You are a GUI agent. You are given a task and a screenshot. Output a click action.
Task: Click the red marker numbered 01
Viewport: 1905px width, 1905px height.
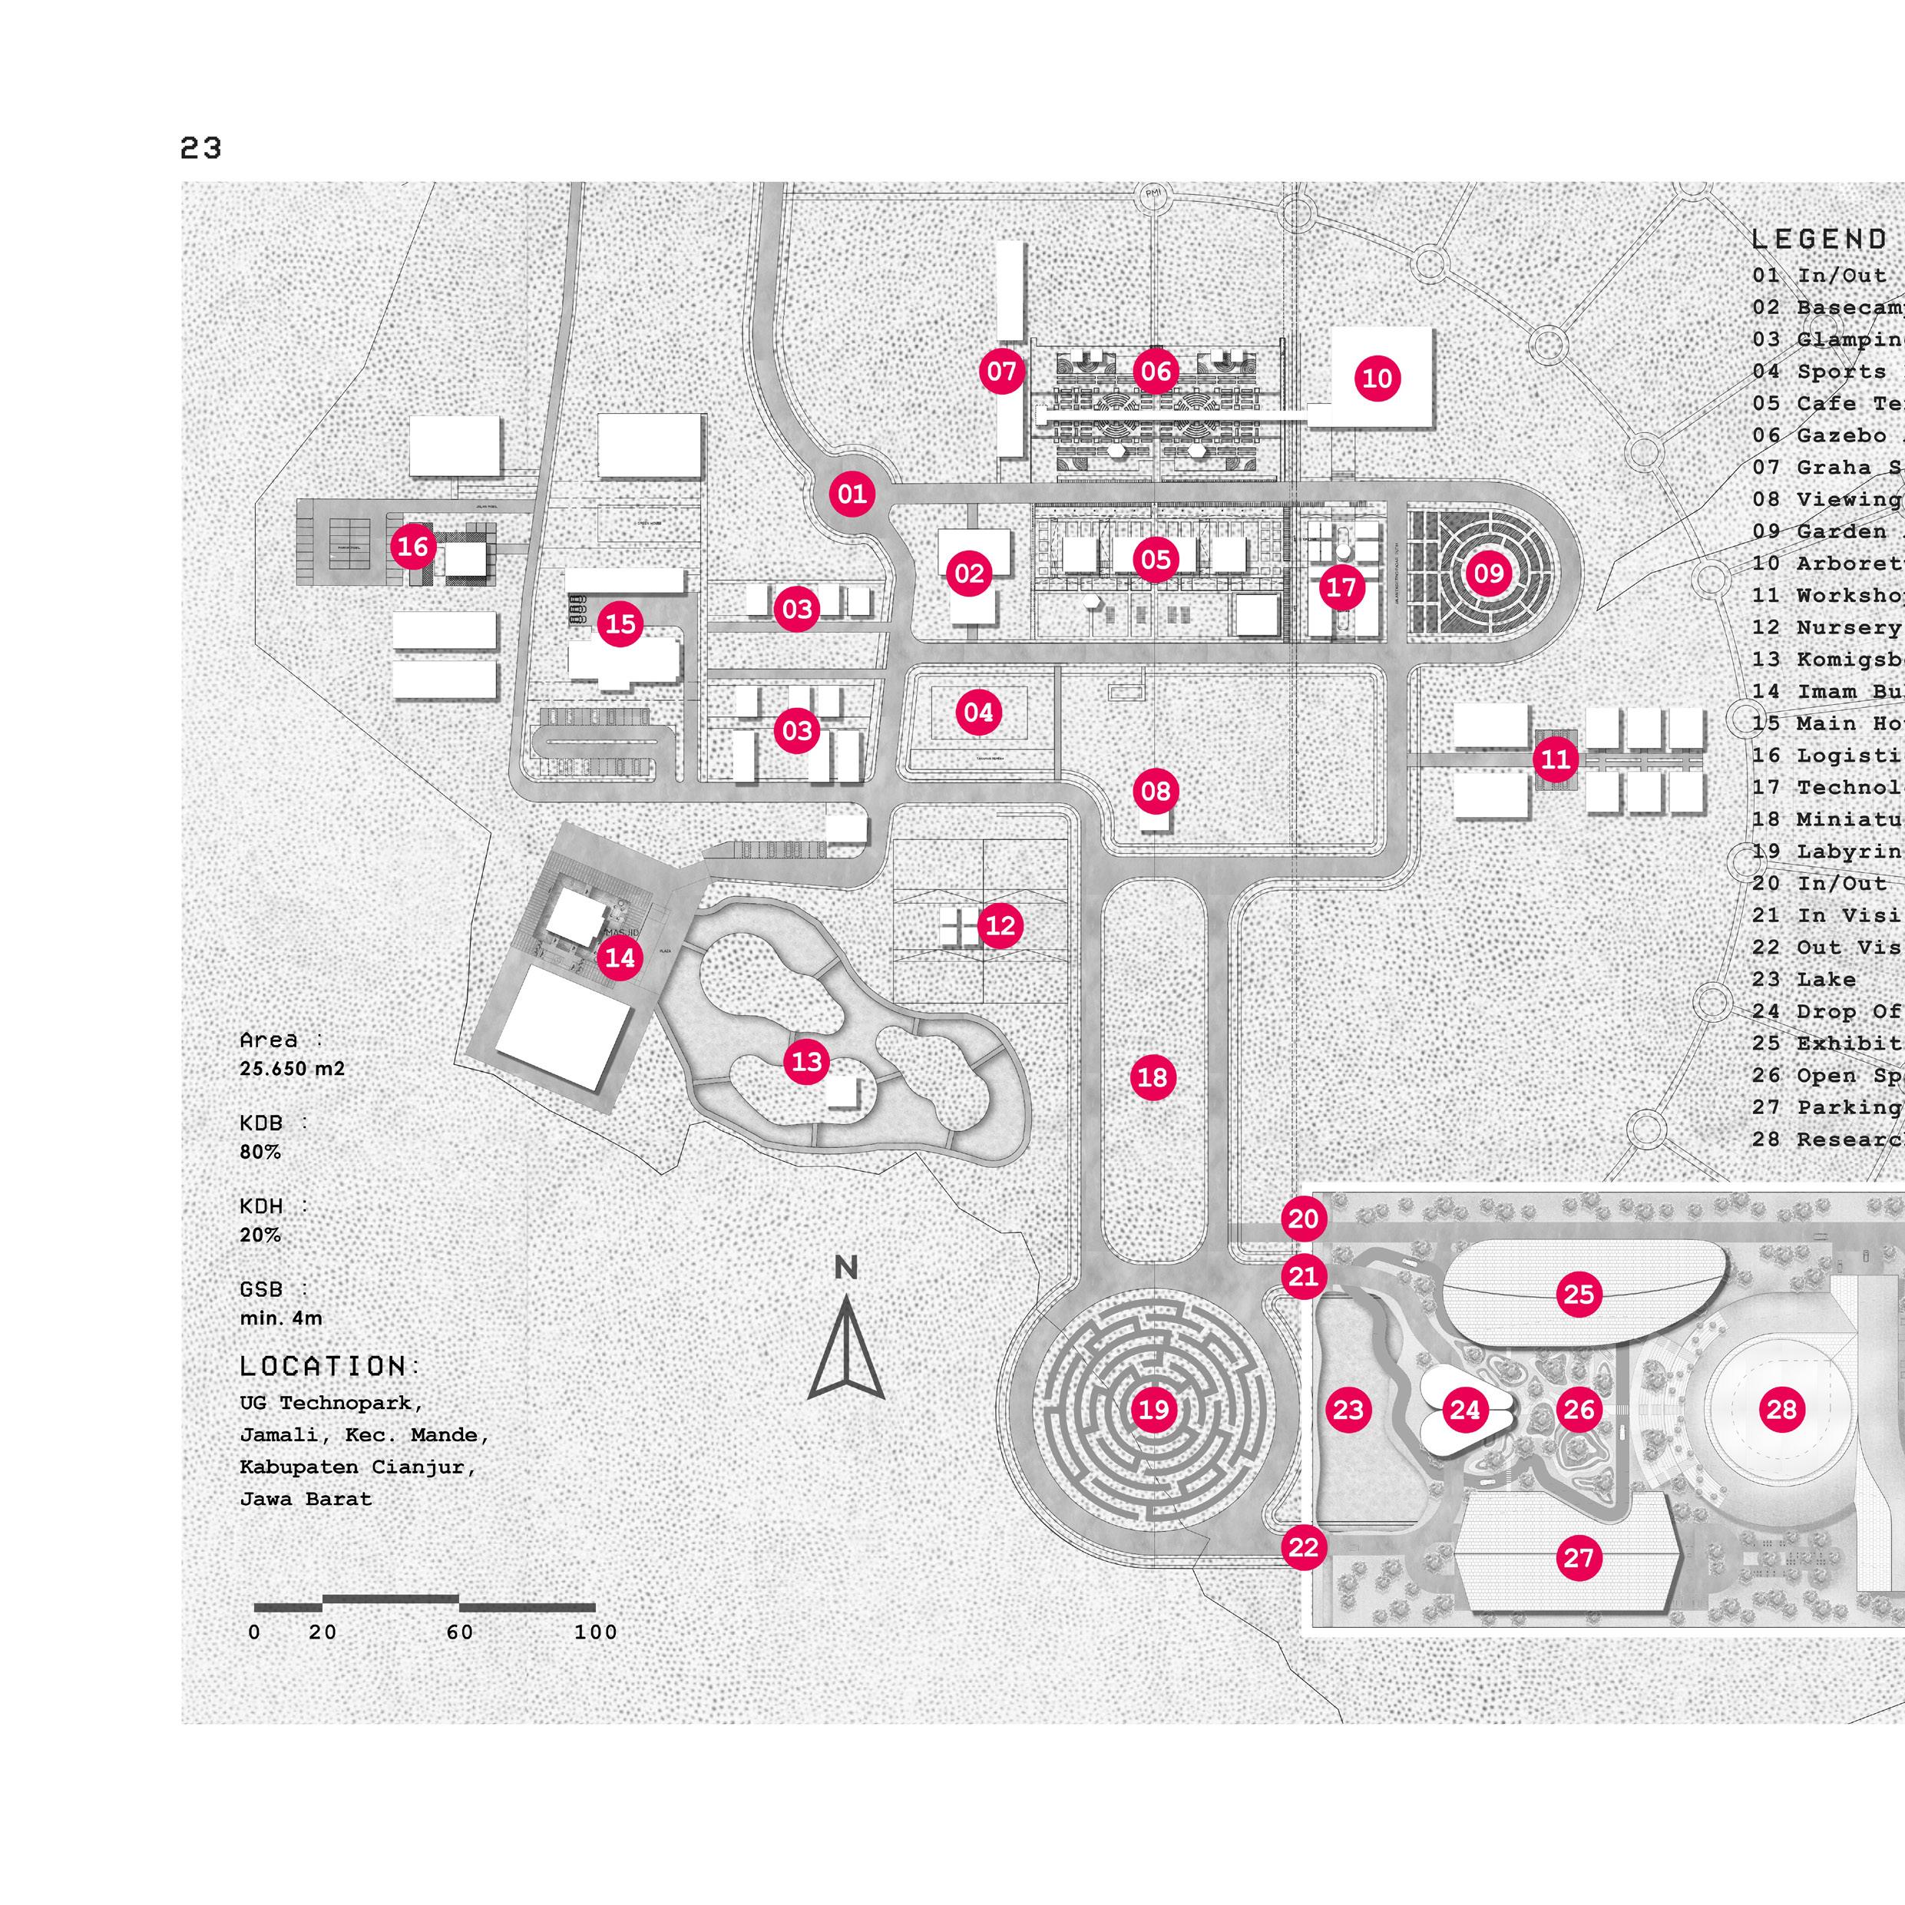point(852,493)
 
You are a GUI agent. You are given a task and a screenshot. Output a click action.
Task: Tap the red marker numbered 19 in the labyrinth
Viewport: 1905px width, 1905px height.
point(1153,1409)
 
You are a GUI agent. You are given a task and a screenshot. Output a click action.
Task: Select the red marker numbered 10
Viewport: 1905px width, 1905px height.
point(1377,378)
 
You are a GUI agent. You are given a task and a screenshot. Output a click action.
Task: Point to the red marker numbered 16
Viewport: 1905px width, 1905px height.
point(413,545)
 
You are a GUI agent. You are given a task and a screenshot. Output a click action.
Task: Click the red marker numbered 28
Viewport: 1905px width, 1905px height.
point(1781,1409)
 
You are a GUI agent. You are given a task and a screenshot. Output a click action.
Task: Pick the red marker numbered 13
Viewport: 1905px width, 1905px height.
point(806,1061)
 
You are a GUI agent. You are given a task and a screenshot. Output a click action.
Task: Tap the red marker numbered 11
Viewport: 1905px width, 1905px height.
point(1555,759)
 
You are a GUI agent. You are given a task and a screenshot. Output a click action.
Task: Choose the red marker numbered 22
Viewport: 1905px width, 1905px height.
point(1302,1547)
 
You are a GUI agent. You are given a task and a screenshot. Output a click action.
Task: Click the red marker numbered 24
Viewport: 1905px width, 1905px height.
point(1464,1410)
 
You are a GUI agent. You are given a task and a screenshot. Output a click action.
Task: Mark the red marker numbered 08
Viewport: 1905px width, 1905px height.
point(1155,790)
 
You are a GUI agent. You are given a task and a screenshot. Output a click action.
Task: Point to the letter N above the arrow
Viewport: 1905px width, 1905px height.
point(846,1268)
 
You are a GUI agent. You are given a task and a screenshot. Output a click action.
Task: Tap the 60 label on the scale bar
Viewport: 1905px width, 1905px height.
point(459,1632)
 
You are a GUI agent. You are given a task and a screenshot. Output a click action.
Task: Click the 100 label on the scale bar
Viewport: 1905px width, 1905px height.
point(596,1632)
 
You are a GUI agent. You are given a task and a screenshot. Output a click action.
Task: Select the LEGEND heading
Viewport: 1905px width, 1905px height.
point(1819,240)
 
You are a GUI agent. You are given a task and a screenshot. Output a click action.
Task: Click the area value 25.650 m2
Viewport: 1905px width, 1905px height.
point(292,1069)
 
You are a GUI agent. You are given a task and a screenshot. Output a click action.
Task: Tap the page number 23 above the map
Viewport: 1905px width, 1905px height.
point(201,148)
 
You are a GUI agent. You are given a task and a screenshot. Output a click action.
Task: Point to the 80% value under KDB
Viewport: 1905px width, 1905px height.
point(260,1152)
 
